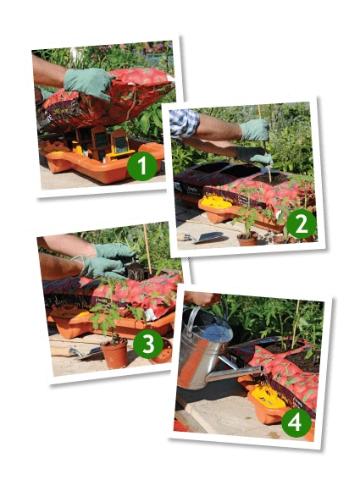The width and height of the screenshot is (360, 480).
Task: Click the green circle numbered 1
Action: click(142, 166)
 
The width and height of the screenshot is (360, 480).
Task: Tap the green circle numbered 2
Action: click(302, 223)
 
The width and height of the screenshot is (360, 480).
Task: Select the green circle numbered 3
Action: click(148, 344)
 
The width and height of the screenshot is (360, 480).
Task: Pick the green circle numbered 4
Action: click(296, 422)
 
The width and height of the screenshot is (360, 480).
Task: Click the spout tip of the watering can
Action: click(262, 369)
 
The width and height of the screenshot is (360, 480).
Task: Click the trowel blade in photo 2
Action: click(210, 237)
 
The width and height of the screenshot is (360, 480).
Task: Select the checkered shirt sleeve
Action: click(184, 124)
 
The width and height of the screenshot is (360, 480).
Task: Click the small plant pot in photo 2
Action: click(248, 239)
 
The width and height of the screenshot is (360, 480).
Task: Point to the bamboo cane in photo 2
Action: click(265, 143)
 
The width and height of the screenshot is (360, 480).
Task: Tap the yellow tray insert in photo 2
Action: click(216, 201)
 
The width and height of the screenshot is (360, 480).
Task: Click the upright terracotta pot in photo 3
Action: click(114, 354)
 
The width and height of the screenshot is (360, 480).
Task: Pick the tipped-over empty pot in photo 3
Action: click(162, 352)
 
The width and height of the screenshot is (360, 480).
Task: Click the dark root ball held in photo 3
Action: click(136, 272)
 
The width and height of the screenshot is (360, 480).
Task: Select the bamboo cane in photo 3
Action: click(147, 249)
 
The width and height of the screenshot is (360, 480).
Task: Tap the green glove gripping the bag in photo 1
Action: click(89, 83)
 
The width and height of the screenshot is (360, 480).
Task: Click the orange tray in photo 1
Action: click(104, 163)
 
